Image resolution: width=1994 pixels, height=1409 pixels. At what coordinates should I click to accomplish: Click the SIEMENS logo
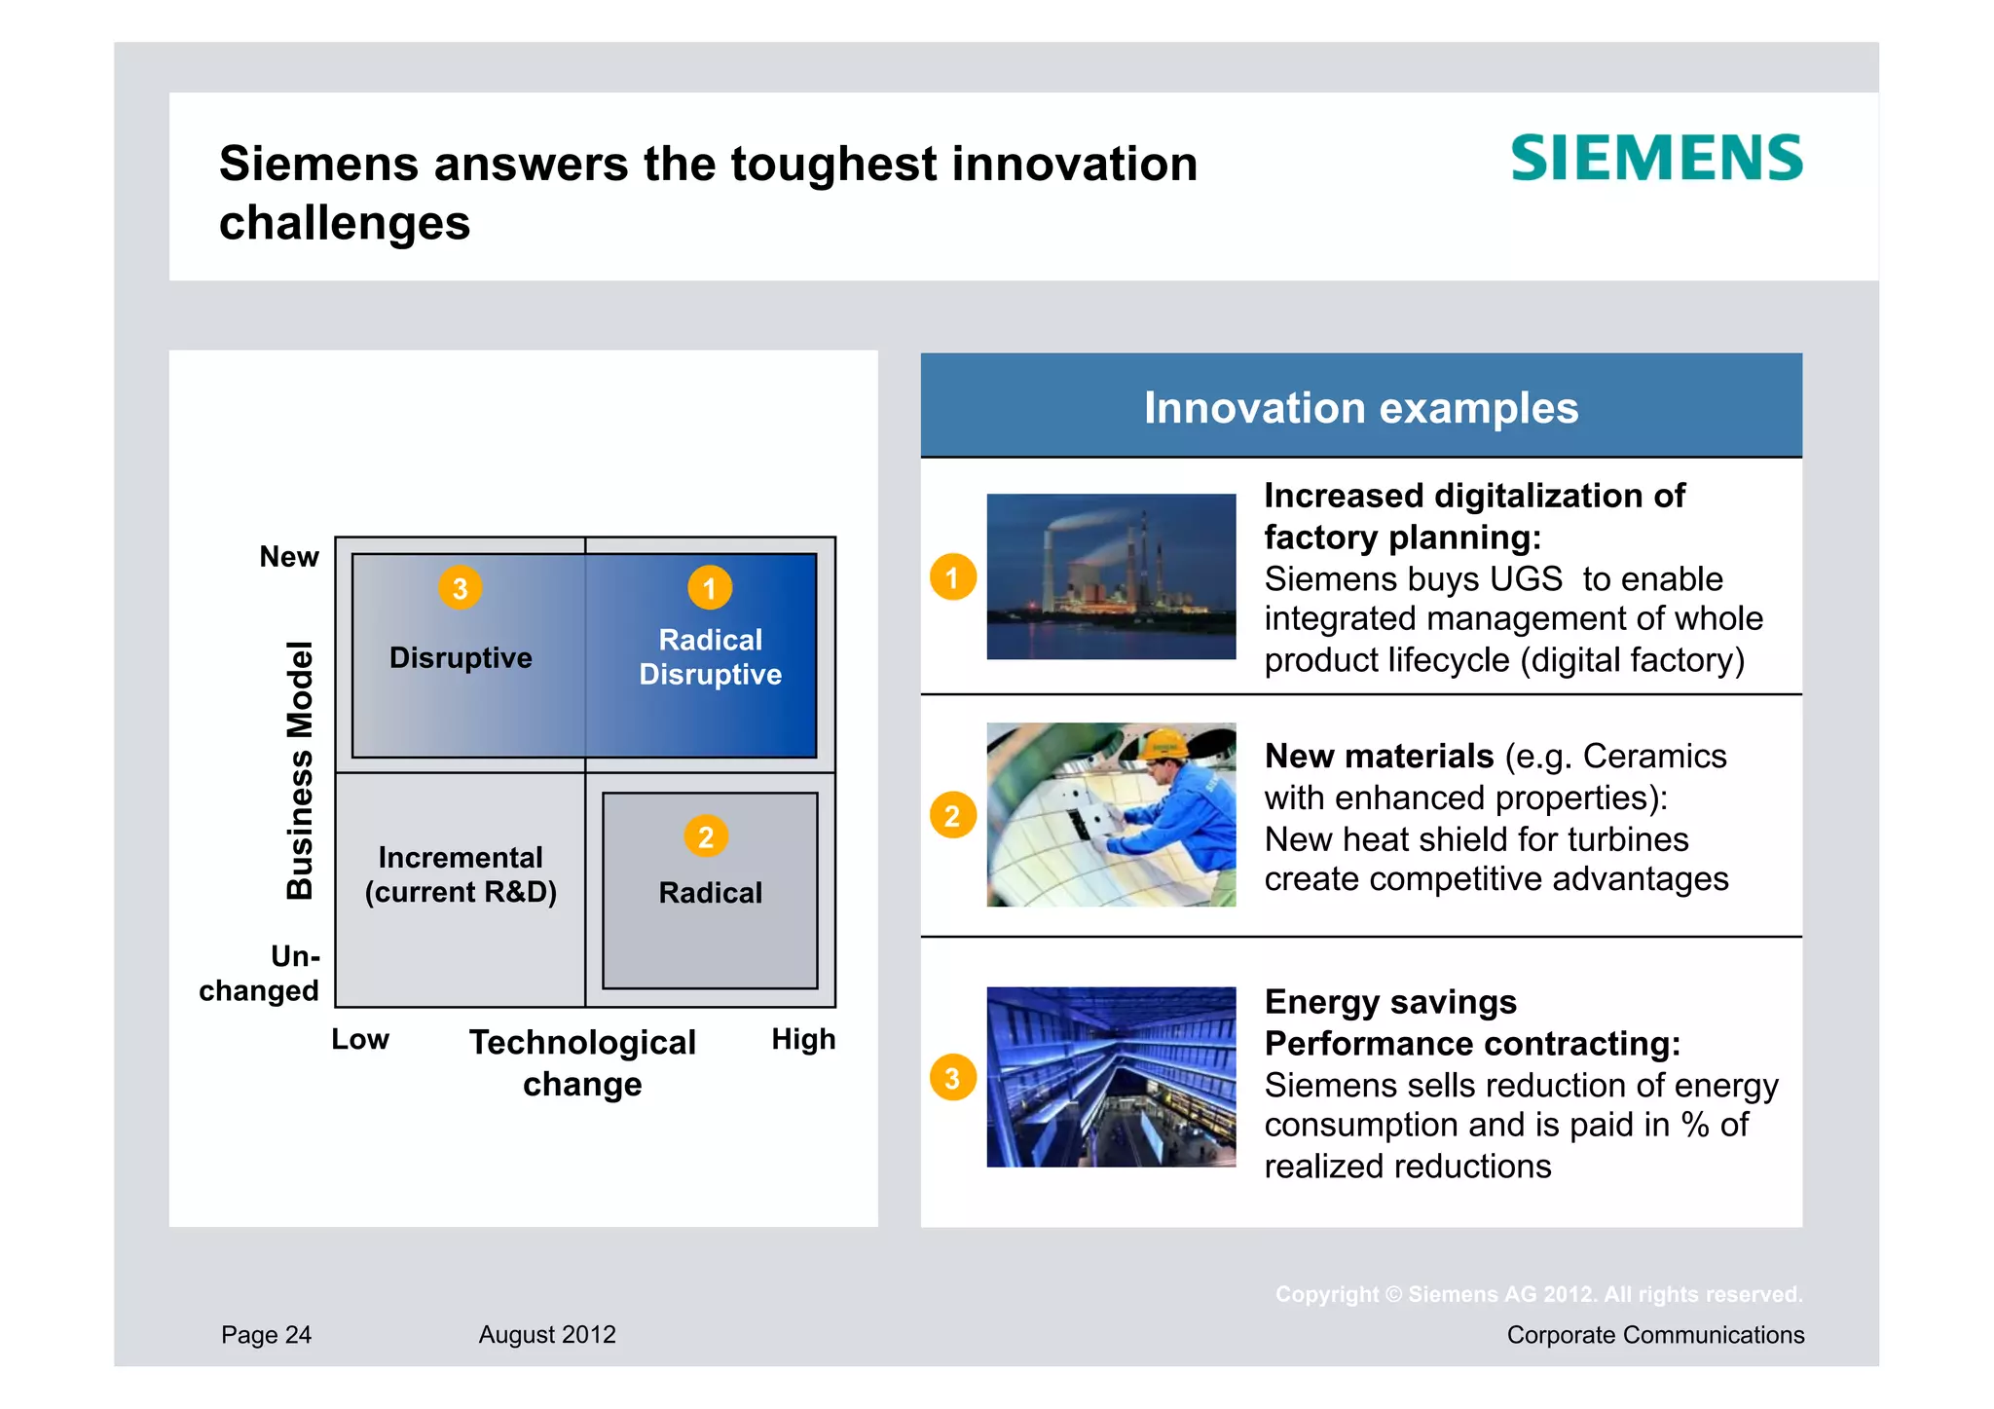(x=1656, y=158)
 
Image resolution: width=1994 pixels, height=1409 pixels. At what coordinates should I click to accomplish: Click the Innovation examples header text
(x=1360, y=408)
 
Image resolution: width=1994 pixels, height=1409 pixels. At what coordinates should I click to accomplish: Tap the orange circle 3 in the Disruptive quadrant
(x=461, y=588)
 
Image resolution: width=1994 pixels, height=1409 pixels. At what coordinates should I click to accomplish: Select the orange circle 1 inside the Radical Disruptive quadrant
(x=710, y=588)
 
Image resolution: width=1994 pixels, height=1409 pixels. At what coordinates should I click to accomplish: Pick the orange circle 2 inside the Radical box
(x=706, y=836)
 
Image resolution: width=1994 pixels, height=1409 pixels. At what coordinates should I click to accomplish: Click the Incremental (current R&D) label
(x=461, y=874)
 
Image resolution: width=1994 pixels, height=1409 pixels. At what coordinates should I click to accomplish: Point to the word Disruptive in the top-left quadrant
(x=461, y=658)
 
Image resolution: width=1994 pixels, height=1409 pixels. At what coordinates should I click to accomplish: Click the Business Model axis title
(x=300, y=769)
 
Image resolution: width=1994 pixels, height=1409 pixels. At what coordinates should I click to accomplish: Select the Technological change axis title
(x=582, y=1062)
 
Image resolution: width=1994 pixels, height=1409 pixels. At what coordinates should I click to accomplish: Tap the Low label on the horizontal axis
(x=360, y=1039)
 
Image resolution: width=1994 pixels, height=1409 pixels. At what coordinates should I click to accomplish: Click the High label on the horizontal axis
(x=803, y=1039)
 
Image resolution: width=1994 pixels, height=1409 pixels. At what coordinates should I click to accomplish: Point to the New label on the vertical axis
(x=289, y=557)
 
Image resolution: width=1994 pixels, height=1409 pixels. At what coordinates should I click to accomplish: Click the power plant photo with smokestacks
(x=1111, y=576)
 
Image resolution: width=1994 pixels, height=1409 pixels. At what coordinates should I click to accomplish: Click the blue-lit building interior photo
(x=1111, y=1077)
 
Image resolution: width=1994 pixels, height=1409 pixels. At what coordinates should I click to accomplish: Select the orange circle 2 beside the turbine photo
(x=953, y=815)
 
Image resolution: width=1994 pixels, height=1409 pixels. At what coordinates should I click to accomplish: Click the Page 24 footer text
(x=266, y=1335)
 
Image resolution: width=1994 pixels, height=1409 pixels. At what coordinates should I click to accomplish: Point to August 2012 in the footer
(x=547, y=1335)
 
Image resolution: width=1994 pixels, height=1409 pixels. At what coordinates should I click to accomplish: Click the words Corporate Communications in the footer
(x=1655, y=1335)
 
